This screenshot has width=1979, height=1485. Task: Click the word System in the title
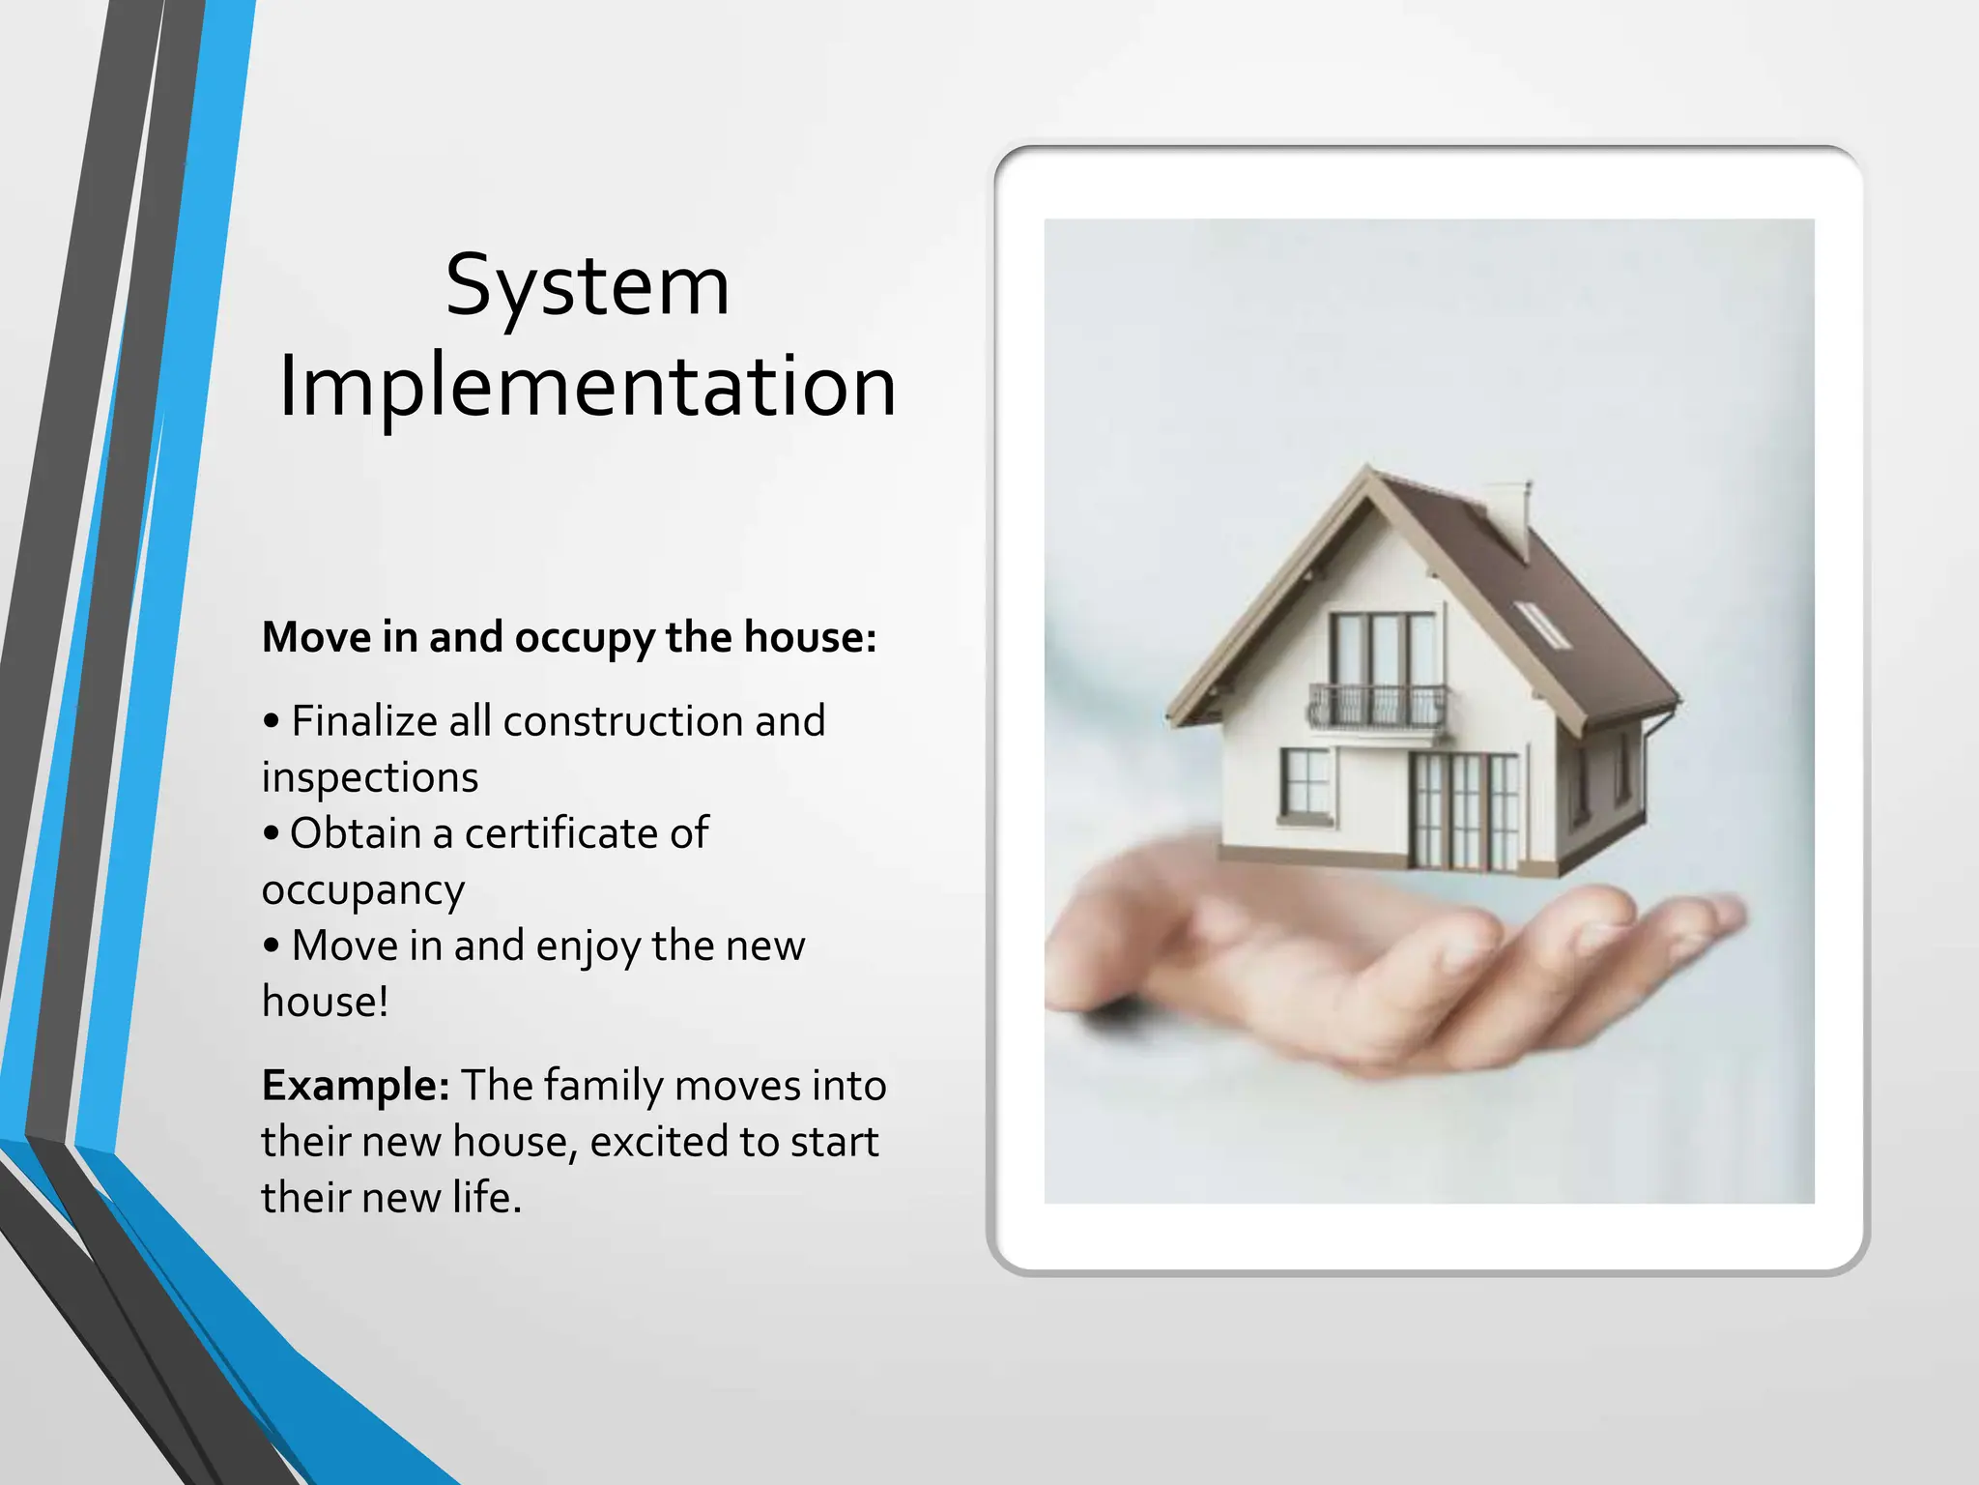tap(587, 286)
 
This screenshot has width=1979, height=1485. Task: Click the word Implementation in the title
tap(588, 387)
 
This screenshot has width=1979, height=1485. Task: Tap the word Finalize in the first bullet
tap(361, 721)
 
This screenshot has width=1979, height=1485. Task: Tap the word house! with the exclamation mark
tap(325, 1002)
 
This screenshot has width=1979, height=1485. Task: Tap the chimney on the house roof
tap(1508, 512)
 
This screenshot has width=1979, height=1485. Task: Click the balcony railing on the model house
tap(1376, 706)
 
